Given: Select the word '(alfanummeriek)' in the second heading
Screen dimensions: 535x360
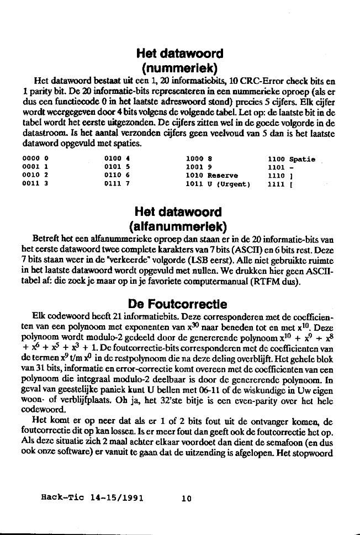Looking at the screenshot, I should pyautogui.click(x=179, y=226).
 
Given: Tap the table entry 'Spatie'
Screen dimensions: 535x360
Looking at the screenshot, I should pyautogui.click(x=302, y=160).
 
